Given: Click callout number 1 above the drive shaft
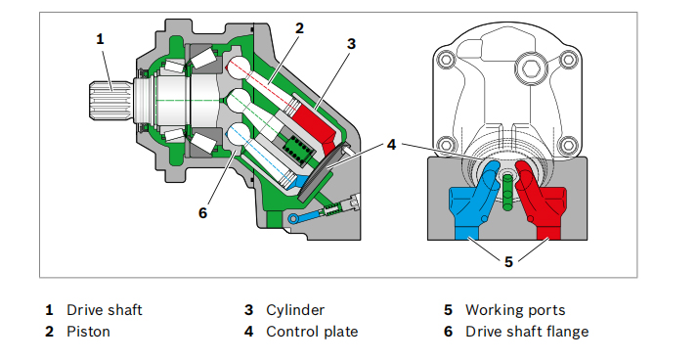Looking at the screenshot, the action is [100, 39].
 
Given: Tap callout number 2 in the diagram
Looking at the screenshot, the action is [299, 28].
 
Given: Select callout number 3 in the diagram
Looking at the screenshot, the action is [351, 44].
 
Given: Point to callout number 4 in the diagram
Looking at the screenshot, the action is [391, 145].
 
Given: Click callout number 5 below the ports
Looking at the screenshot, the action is [508, 262].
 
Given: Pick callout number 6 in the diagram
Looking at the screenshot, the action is [202, 213].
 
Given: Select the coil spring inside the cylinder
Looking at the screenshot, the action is [296, 152].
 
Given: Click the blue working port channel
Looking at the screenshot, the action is [473, 201].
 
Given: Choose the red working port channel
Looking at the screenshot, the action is [541, 201].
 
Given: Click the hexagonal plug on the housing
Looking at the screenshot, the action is [532, 69].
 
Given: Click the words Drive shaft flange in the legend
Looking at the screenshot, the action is [527, 332].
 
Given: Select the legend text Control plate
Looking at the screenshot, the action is [312, 332].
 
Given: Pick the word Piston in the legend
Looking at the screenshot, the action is [88, 332].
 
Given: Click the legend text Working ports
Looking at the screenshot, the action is [515, 310].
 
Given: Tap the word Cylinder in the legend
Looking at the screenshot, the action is [295, 310].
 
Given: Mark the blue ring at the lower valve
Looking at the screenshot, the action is [292, 219].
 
